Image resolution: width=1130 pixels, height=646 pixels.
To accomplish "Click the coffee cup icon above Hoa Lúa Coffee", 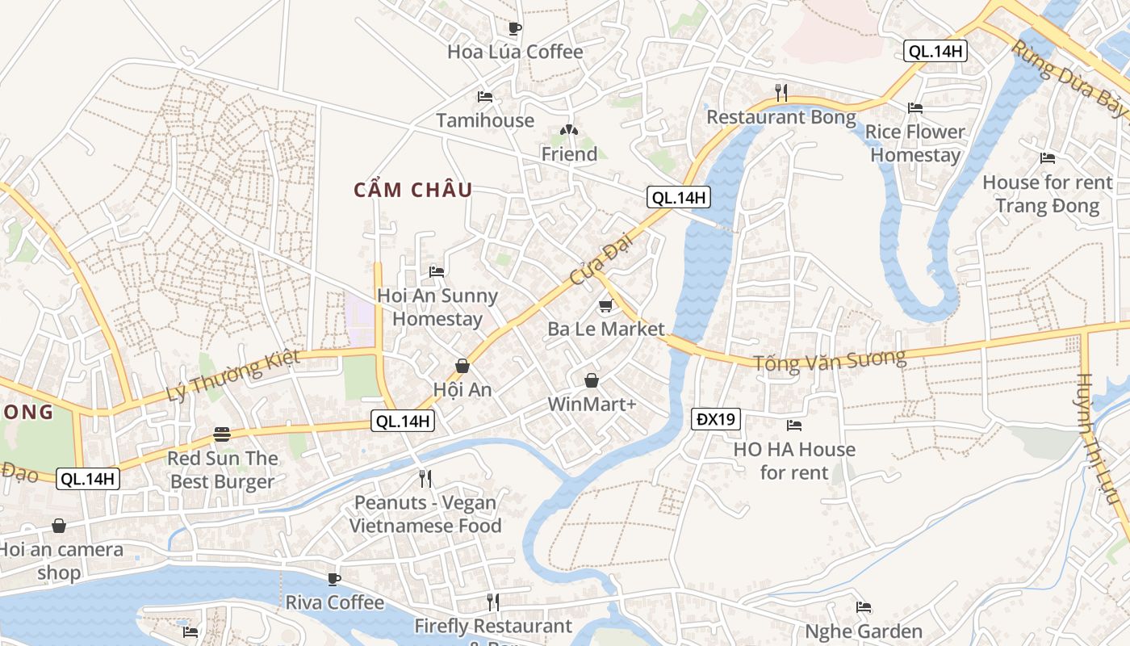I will pyautogui.click(x=515, y=28).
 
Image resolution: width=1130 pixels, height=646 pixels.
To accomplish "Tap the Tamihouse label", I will pyautogui.click(x=485, y=120).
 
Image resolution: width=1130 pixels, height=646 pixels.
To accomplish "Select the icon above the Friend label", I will pyautogui.click(x=569, y=130).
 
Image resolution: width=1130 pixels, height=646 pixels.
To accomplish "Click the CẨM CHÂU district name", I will pyautogui.click(x=413, y=191).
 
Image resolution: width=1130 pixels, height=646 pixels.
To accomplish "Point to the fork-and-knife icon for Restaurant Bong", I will pyautogui.click(x=781, y=93).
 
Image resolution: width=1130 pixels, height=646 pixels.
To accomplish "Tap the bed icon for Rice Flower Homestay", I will pyautogui.click(x=914, y=107).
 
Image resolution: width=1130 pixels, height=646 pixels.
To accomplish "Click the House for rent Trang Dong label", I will pyautogui.click(x=1047, y=194).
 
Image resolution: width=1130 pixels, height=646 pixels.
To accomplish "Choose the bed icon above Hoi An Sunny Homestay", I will pyautogui.click(x=437, y=271).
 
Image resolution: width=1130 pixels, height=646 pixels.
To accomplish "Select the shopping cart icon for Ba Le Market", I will pyautogui.click(x=605, y=305).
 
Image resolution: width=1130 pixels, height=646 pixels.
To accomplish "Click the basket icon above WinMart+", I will pyautogui.click(x=592, y=380).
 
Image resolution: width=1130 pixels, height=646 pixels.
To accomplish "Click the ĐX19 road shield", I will pyautogui.click(x=716, y=419).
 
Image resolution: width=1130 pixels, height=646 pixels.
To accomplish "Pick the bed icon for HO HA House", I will pyautogui.click(x=794, y=425).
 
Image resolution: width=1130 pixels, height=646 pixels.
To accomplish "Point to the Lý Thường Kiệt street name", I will pyautogui.click(x=232, y=375).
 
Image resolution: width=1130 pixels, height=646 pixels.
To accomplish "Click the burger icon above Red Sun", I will pyautogui.click(x=222, y=434).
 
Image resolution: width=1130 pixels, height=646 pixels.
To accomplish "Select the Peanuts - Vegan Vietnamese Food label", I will pyautogui.click(x=425, y=514).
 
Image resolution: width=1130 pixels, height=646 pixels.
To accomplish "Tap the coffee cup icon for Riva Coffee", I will pyautogui.click(x=334, y=579).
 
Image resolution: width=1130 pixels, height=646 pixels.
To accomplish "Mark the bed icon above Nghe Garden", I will pyautogui.click(x=864, y=607).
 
